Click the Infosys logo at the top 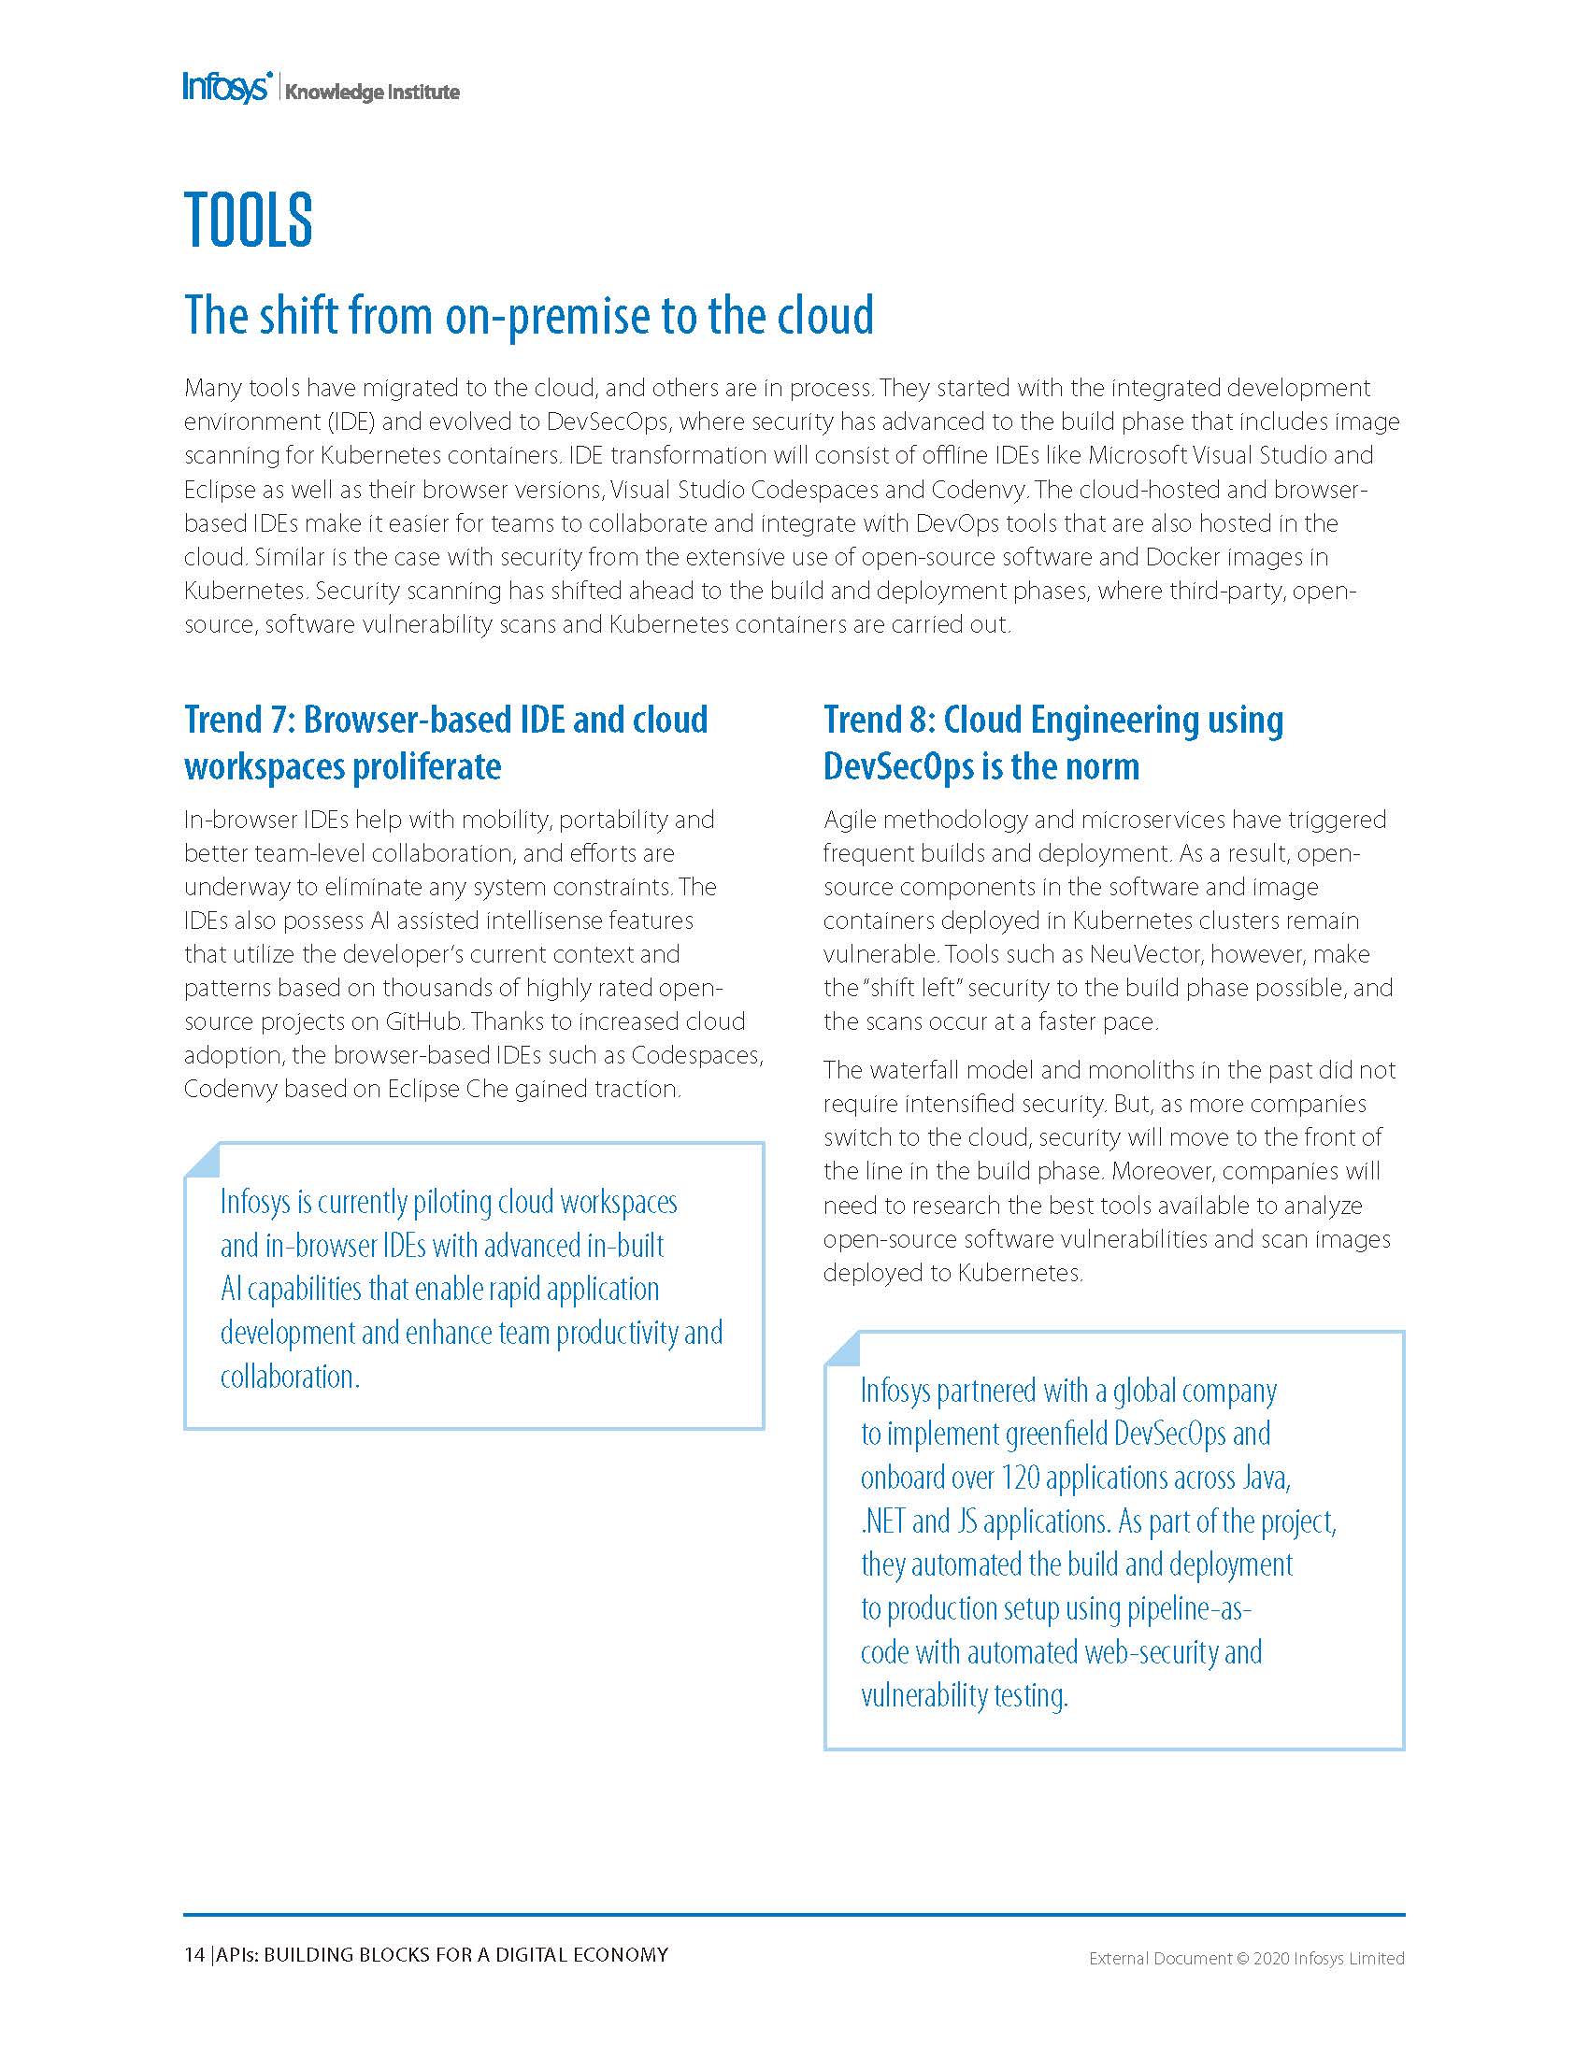(227, 88)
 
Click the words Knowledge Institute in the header (372, 93)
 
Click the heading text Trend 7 (240, 720)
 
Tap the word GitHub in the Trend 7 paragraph (420, 1021)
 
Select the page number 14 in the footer (193, 1954)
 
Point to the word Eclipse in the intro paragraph (221, 490)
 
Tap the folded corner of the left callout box (202, 1159)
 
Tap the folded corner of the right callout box (841, 1347)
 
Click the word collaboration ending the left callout (289, 1377)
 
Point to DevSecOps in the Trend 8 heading (898, 766)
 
